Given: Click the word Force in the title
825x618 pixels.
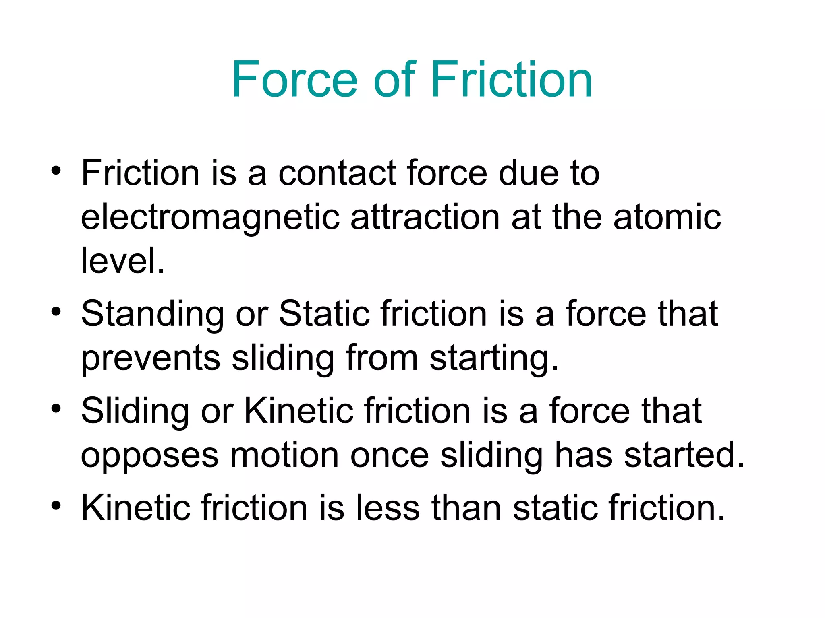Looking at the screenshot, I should (294, 79).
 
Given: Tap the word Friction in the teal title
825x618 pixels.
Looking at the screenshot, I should (512, 79).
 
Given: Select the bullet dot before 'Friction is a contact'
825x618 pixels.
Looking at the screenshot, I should (56, 171).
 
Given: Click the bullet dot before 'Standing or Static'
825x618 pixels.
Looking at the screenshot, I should (56, 312).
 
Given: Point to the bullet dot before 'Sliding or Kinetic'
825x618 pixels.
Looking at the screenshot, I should (56, 409).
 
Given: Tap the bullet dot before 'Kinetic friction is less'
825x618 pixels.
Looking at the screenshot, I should (56, 506).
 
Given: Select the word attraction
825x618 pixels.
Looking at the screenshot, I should (425, 217).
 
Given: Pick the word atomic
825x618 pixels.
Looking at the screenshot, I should (667, 217).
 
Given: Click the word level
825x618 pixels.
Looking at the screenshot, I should (122, 261).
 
